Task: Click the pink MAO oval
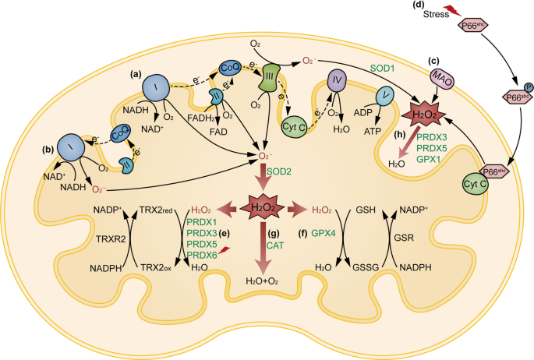click(x=442, y=79)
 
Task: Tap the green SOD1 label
click(x=382, y=69)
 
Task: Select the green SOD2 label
click(x=279, y=171)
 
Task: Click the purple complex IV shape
click(x=337, y=80)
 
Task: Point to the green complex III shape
click(x=269, y=78)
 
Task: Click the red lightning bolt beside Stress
click(x=453, y=11)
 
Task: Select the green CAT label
click(x=275, y=245)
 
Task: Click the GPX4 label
click(x=324, y=234)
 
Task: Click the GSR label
click(x=404, y=238)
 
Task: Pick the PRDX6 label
click(x=202, y=255)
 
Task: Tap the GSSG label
click(x=366, y=267)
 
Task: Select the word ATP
click(x=372, y=131)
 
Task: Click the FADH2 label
click(x=201, y=118)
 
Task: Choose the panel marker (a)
click(x=137, y=75)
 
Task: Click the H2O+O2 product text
click(x=262, y=281)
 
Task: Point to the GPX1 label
click(x=429, y=159)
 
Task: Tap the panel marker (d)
click(x=418, y=5)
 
